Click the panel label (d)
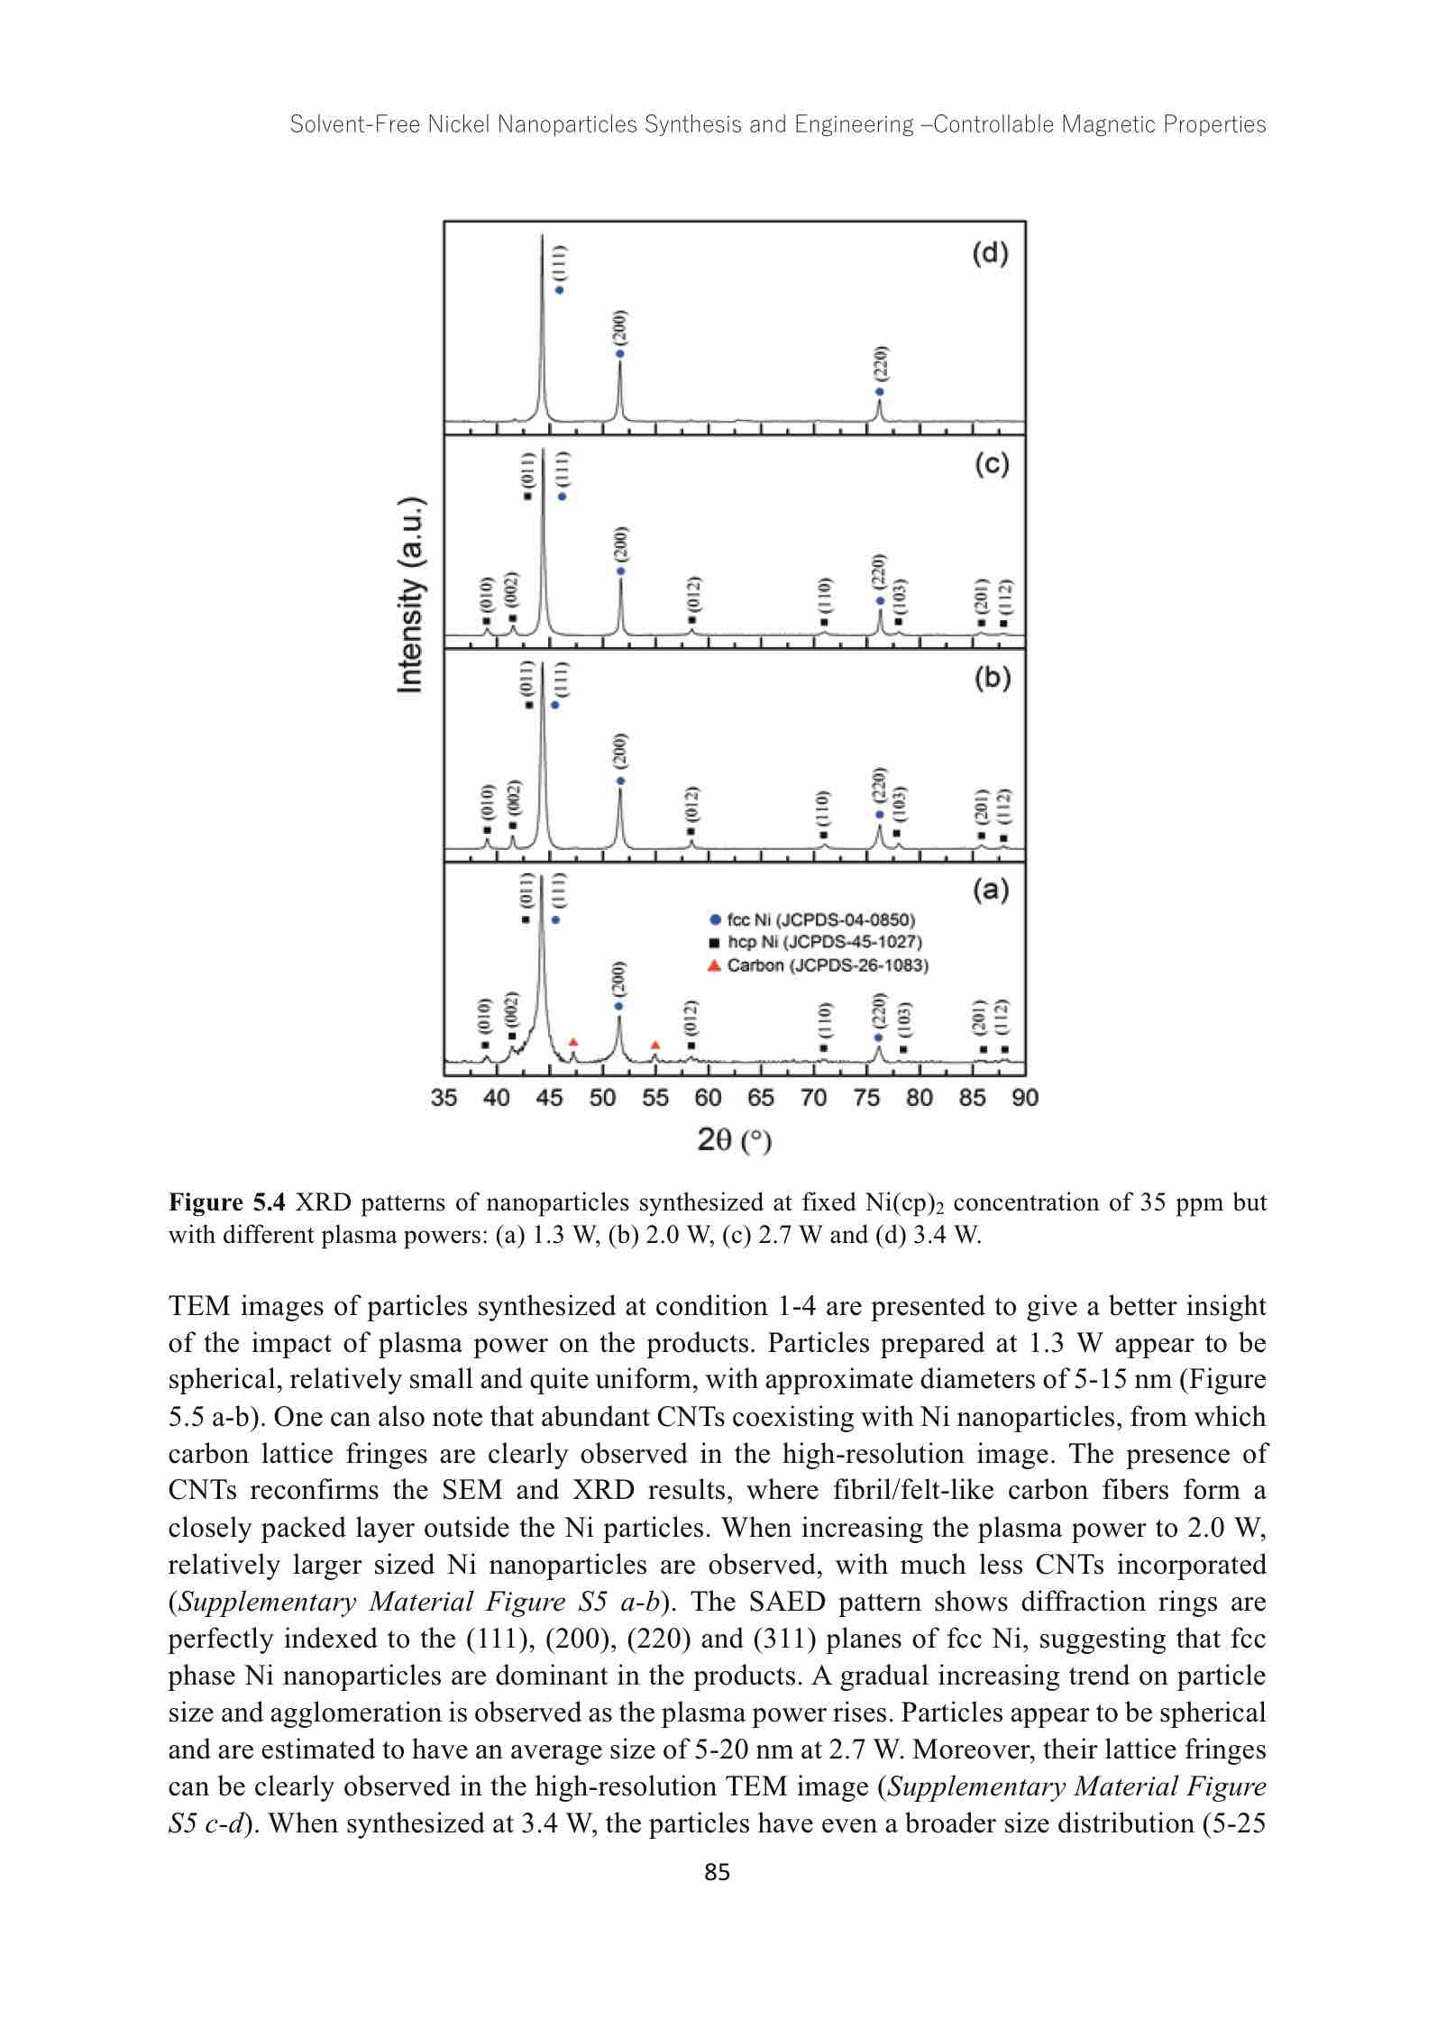(990, 255)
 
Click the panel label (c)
(991, 466)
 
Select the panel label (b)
(992, 679)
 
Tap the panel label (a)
(991, 891)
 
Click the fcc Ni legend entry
(811, 920)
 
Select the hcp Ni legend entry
(815, 943)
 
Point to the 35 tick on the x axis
(444, 1098)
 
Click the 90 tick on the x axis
(1026, 1098)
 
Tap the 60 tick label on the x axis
(708, 1098)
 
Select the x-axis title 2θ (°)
(735, 1141)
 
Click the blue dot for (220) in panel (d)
(880, 392)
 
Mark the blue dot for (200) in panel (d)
(620, 353)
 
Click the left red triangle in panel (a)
(573, 1042)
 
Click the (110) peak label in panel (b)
(823, 808)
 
